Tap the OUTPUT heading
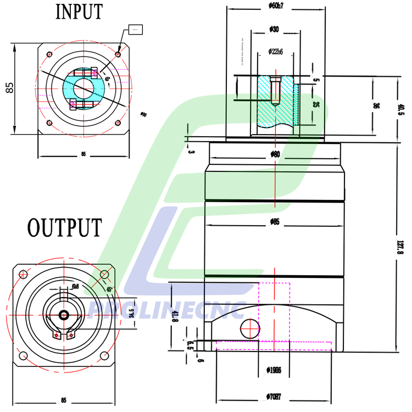(65, 226)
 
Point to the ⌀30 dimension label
(275, 29)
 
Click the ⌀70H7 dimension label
(275, 396)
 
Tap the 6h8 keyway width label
(75, 287)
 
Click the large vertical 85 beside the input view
(9, 88)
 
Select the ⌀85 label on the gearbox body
(275, 222)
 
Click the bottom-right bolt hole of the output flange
(105, 356)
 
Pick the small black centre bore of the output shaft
(64, 315)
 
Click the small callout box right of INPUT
(136, 29)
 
